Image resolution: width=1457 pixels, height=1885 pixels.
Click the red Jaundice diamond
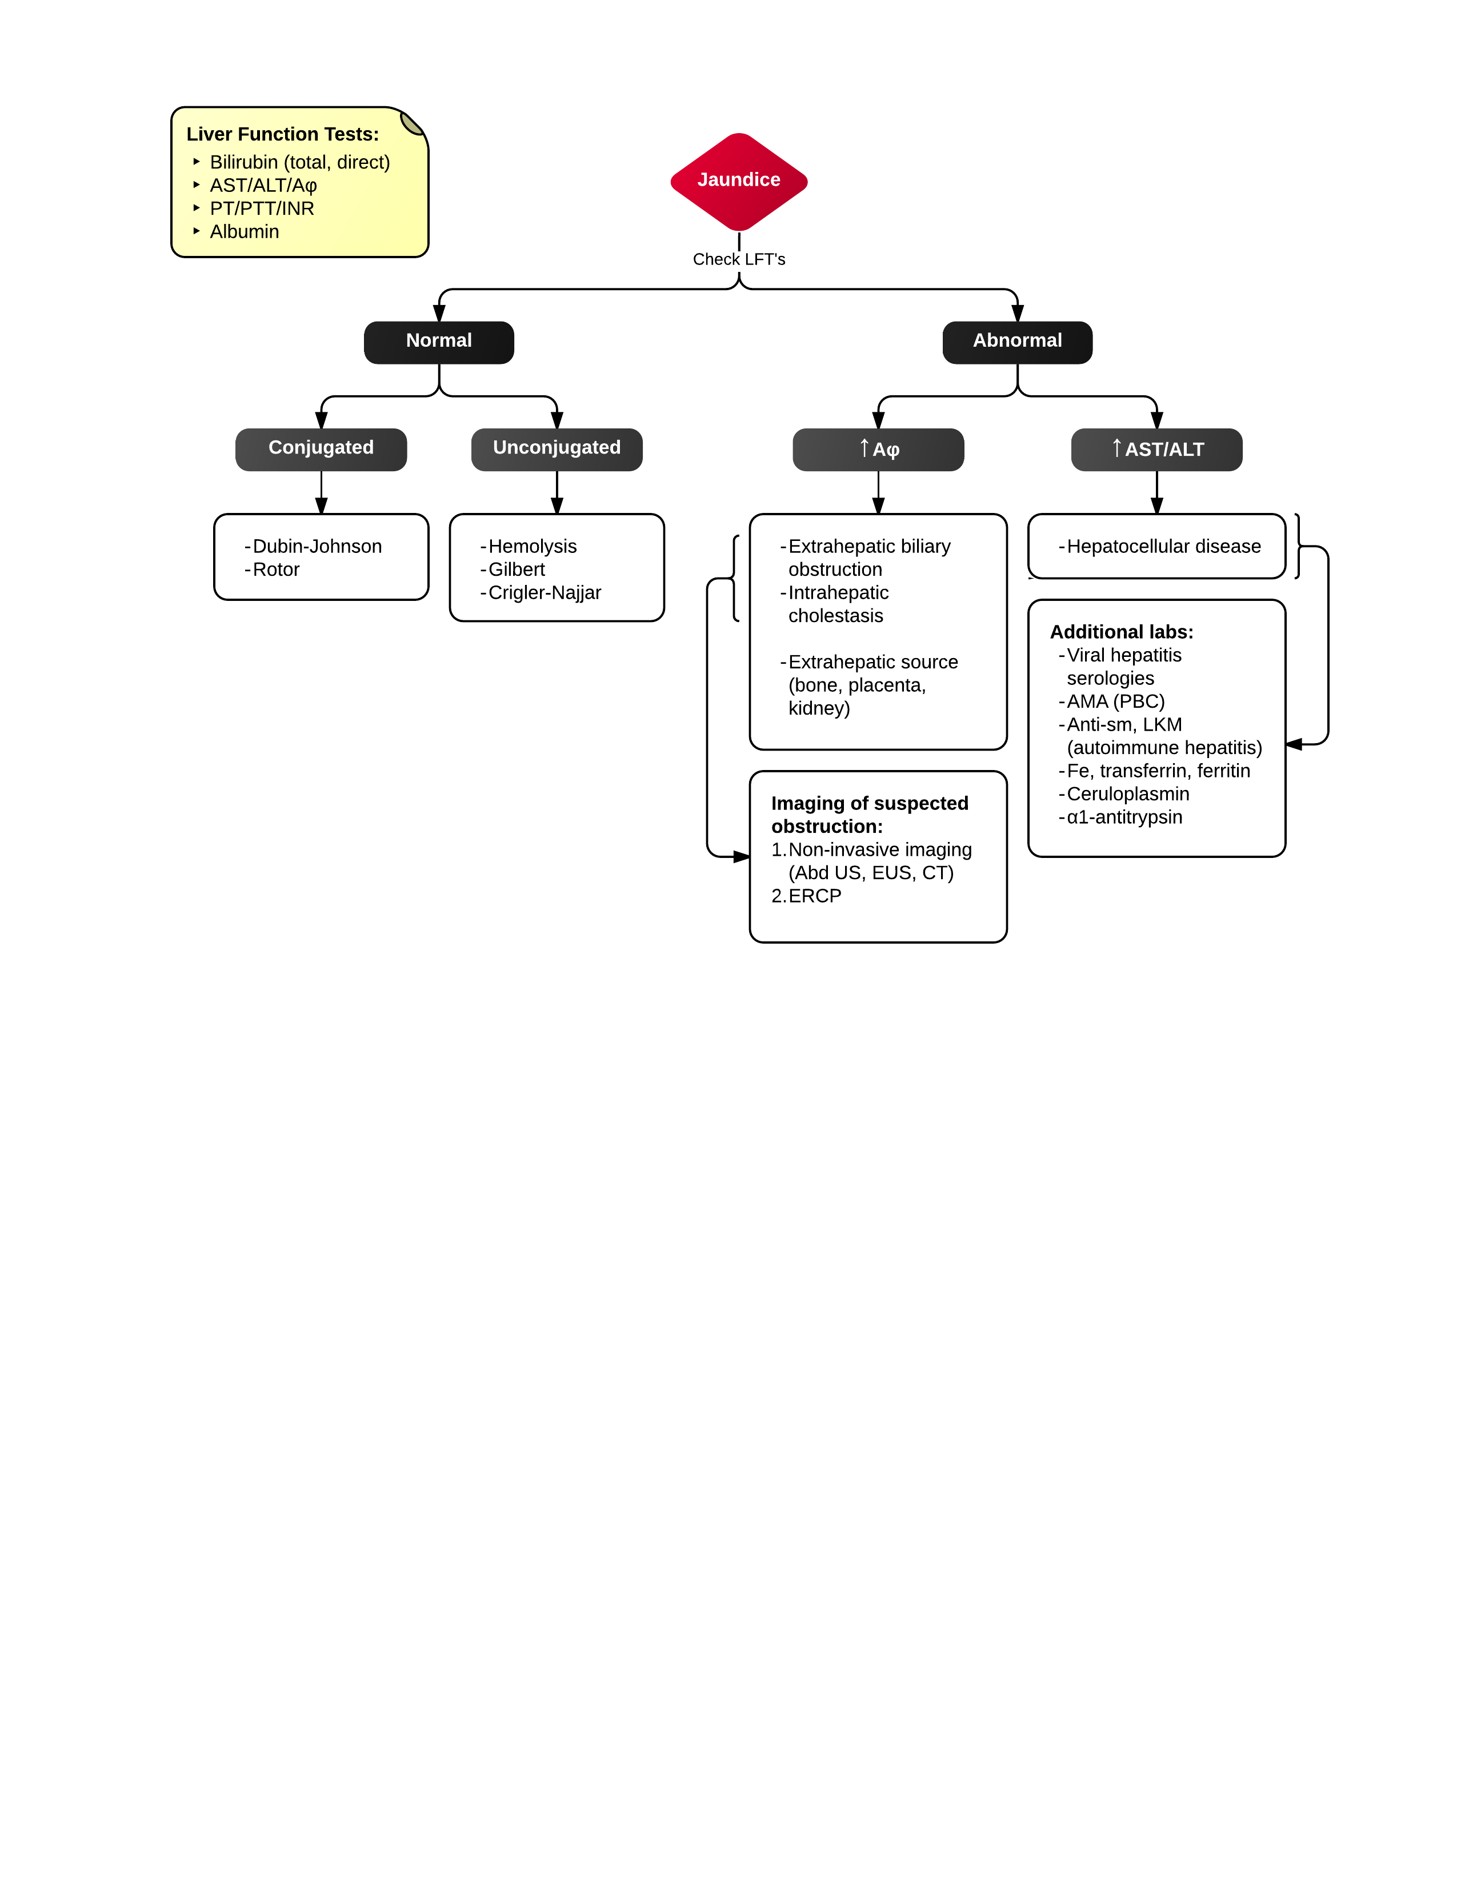pos(739,181)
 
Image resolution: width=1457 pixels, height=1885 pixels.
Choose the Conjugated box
pos(321,449)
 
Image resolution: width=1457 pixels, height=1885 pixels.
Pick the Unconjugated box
pos(557,449)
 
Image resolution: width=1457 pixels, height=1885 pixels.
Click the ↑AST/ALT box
pos(1156,449)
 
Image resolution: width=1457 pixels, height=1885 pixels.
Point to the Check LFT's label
pos(739,259)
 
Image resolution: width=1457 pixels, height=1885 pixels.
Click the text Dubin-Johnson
pos(317,546)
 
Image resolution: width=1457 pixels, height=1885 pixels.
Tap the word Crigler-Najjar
pos(544,593)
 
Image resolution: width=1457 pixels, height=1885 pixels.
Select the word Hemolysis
pos(532,546)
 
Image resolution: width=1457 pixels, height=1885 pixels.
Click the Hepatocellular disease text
pos(1163,546)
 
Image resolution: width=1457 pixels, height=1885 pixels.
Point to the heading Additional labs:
pos(1121,632)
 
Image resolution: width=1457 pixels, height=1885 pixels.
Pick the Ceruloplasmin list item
pos(1127,794)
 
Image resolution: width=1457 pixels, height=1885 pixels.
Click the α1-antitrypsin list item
pos(1124,817)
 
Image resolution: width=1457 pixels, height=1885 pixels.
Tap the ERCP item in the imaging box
pos(814,896)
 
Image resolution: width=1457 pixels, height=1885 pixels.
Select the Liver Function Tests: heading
pos(282,134)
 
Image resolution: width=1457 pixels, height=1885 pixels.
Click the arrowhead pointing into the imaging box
pos(742,856)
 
